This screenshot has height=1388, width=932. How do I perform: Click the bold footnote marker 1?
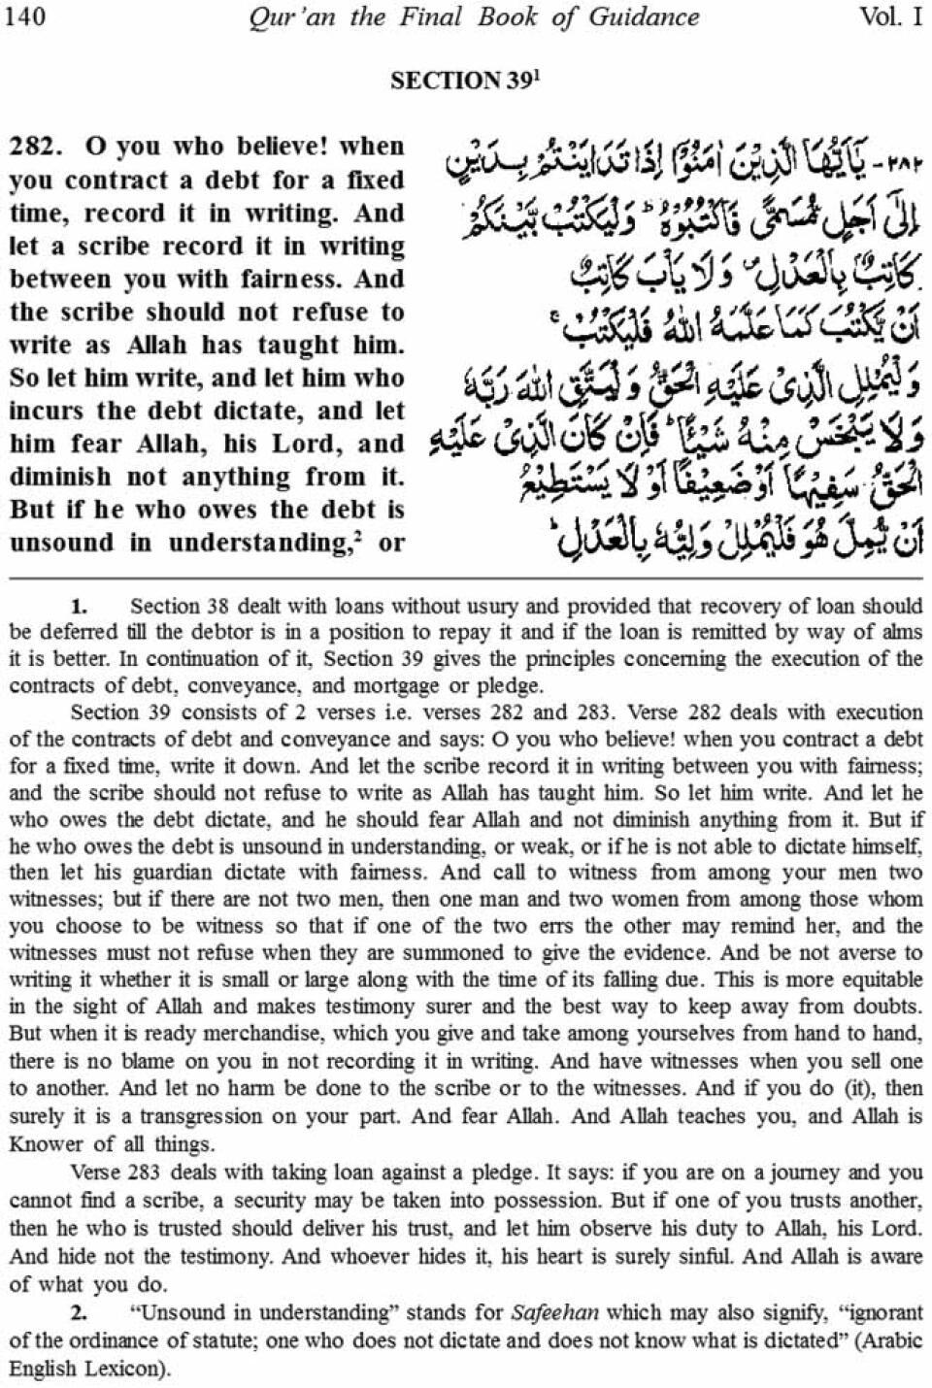click(x=79, y=608)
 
